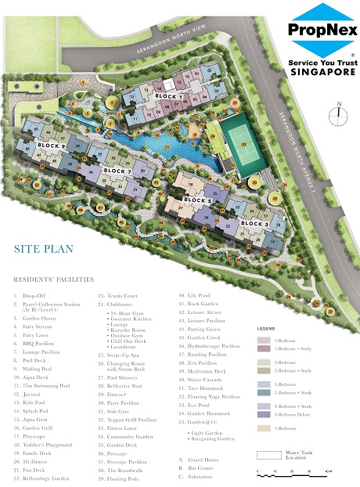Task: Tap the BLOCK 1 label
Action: click(x=168, y=96)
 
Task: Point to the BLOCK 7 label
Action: click(x=117, y=171)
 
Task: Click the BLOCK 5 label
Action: click(x=198, y=200)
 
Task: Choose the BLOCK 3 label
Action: click(x=254, y=224)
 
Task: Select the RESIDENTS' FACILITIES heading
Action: click(x=52, y=279)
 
